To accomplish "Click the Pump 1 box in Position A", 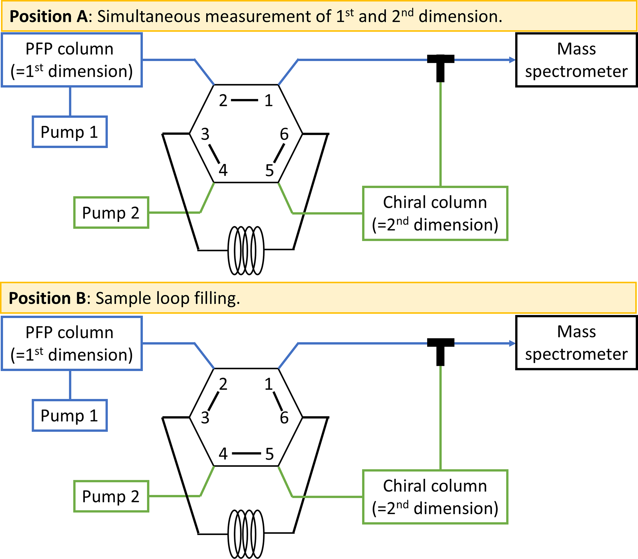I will point(70,132).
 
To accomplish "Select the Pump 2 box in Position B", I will point(111,496).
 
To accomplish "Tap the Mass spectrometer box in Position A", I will point(576,60).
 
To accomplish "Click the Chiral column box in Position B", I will point(435,497).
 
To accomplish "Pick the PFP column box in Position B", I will point(72,343).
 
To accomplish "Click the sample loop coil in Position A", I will point(246,251).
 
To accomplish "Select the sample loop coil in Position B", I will point(246,534).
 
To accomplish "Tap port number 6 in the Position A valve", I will point(284,135).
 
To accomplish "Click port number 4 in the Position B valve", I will point(223,454).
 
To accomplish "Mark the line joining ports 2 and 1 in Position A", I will point(244,100).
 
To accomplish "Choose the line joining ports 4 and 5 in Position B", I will point(246,453).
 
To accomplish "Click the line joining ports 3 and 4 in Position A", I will point(214,153).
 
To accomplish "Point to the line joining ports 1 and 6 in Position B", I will point(278,401).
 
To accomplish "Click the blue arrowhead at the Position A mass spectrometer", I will point(512,60).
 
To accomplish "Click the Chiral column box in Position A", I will point(435,213).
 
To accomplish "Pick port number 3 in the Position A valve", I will point(205,135).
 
